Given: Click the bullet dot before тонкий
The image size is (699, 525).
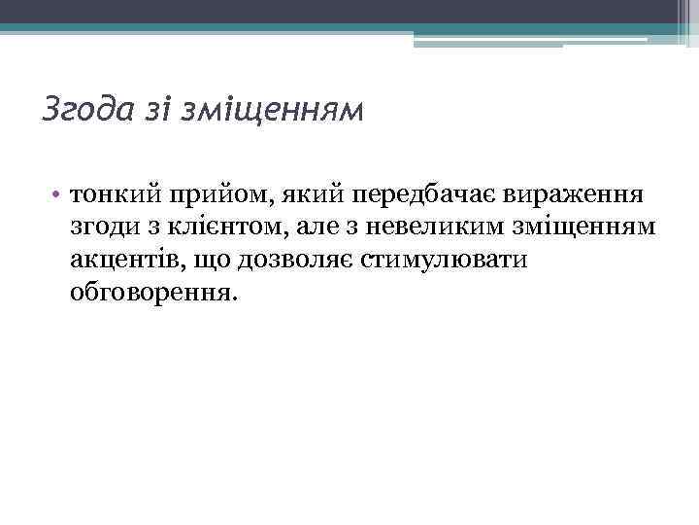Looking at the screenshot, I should [x=59, y=194].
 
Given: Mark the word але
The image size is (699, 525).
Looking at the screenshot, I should [x=309, y=227].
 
